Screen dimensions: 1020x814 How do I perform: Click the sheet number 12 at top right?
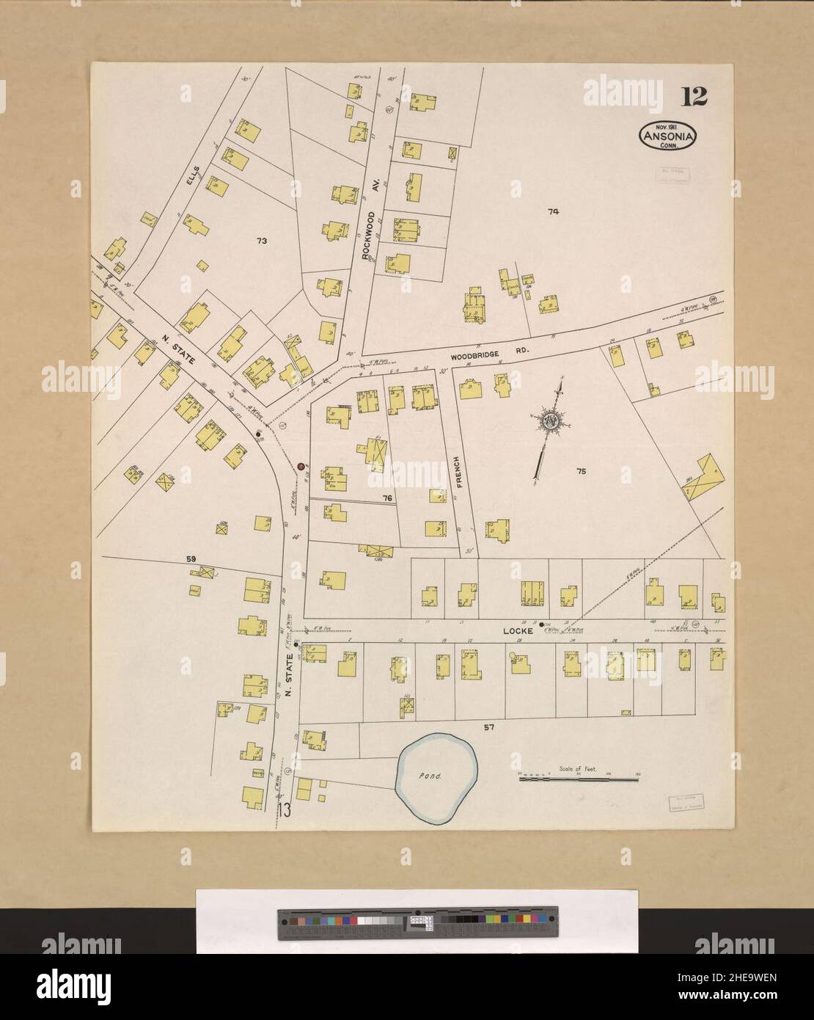[x=693, y=96]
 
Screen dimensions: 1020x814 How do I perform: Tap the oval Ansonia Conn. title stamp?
[x=668, y=135]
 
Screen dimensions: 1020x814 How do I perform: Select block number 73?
[x=260, y=240]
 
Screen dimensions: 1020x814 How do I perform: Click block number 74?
[x=553, y=212]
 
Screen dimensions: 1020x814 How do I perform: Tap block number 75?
[x=582, y=472]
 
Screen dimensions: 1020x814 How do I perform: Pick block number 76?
[x=387, y=499]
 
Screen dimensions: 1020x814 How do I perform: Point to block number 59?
[x=191, y=560]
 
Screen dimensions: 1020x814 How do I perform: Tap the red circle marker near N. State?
[x=301, y=465]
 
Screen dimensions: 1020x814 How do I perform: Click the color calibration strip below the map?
[x=417, y=922]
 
